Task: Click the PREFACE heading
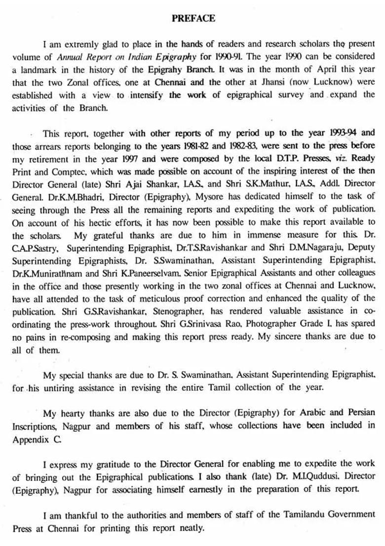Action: pos(193,18)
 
